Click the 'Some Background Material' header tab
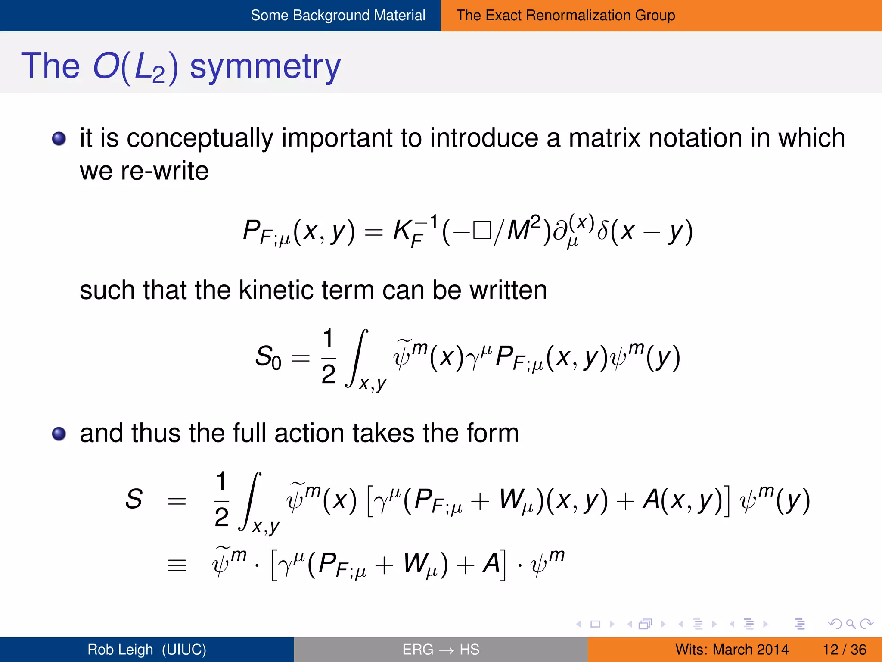coord(338,16)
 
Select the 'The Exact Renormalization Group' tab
coord(565,16)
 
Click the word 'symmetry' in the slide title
coord(265,67)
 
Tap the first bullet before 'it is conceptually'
coord(59,139)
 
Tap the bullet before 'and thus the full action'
coord(59,434)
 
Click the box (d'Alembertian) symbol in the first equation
coord(482,231)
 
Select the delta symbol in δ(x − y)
coord(602,231)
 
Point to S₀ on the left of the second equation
coord(267,357)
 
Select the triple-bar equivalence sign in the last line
coord(177,565)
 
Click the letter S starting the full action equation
coord(134,499)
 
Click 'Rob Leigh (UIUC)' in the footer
coord(147,650)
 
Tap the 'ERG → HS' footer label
coord(441,650)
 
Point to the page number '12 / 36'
coord(844,650)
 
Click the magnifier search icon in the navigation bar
coord(850,624)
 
